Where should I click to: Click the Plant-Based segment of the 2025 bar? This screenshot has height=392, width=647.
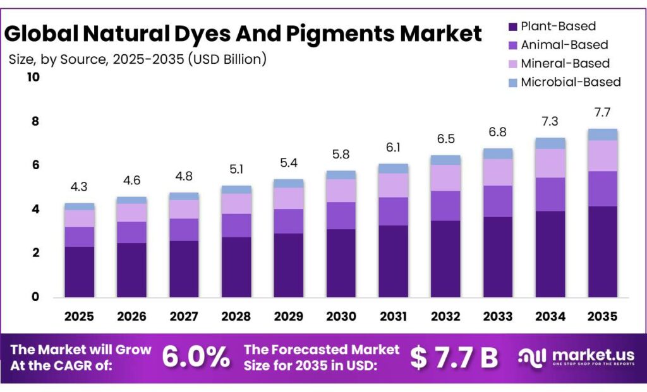(x=79, y=271)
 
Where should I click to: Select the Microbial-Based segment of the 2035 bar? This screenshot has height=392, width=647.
(x=602, y=134)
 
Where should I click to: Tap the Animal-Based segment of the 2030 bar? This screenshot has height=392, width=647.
(x=341, y=215)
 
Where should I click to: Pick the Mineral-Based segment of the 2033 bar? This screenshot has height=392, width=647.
(x=497, y=172)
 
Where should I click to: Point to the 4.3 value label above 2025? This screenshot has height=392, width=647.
(x=79, y=187)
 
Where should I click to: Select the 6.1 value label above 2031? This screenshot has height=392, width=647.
(x=393, y=148)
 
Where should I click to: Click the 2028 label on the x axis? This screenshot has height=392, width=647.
(x=236, y=316)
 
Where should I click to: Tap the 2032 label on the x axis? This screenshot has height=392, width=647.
(x=445, y=316)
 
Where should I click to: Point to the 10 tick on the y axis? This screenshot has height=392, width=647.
(x=32, y=78)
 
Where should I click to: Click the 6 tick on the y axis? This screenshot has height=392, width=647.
(x=35, y=165)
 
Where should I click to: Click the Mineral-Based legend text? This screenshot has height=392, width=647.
(x=565, y=63)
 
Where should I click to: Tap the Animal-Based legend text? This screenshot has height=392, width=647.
(x=564, y=45)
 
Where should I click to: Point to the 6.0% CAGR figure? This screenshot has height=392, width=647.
(x=196, y=357)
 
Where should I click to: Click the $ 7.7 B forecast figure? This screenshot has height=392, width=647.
(x=454, y=357)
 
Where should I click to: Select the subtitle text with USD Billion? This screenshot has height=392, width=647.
(x=138, y=59)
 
